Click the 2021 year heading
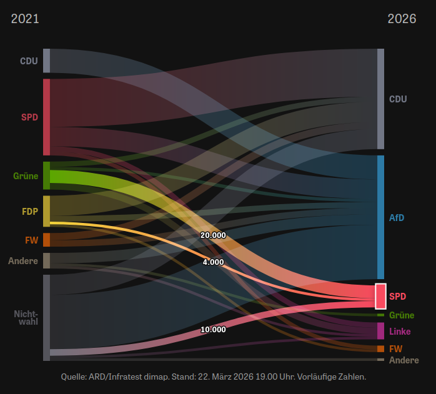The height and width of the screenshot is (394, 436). point(25,19)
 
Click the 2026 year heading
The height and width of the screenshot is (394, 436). point(402,19)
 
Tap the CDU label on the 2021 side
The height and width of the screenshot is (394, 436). point(29,61)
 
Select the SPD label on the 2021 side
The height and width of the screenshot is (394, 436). point(29,117)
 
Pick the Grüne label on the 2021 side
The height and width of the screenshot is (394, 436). point(26,176)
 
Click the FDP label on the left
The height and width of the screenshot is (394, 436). point(30,211)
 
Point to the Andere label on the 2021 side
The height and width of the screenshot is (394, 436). point(23,260)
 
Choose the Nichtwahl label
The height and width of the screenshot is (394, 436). point(26,317)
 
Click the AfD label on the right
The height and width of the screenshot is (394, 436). point(397,218)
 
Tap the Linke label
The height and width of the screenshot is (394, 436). point(400,331)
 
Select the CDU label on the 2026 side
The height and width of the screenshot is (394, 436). point(398,99)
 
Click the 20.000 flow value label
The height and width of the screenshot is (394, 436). point(213,235)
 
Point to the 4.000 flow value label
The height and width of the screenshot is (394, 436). point(213,262)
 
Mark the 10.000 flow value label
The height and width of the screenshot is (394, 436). point(213,329)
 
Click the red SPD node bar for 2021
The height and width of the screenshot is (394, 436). point(46,117)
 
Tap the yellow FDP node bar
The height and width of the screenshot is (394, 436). point(46,211)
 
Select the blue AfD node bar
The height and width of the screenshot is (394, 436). point(380,217)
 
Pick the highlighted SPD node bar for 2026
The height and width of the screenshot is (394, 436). point(380,296)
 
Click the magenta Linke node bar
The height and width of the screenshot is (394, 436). point(380,331)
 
